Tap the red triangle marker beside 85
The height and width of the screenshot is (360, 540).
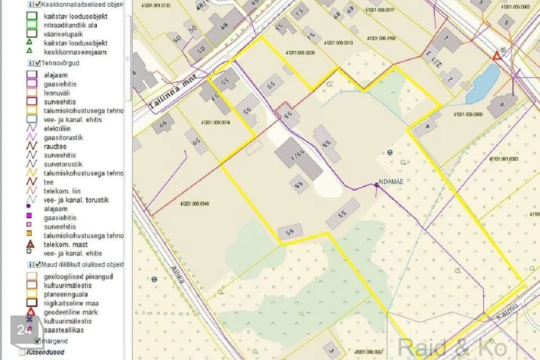(x=496, y=56)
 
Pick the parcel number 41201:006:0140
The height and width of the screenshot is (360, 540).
(x=194, y=204)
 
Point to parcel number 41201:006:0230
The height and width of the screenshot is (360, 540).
(x=300, y=52)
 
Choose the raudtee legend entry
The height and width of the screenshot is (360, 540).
(x=55, y=146)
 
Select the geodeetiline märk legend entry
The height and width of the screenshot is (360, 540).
(x=70, y=312)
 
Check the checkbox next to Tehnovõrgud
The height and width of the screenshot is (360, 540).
(x=37, y=64)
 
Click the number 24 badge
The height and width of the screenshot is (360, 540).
(x=24, y=330)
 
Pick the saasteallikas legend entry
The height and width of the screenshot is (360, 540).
(x=63, y=330)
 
